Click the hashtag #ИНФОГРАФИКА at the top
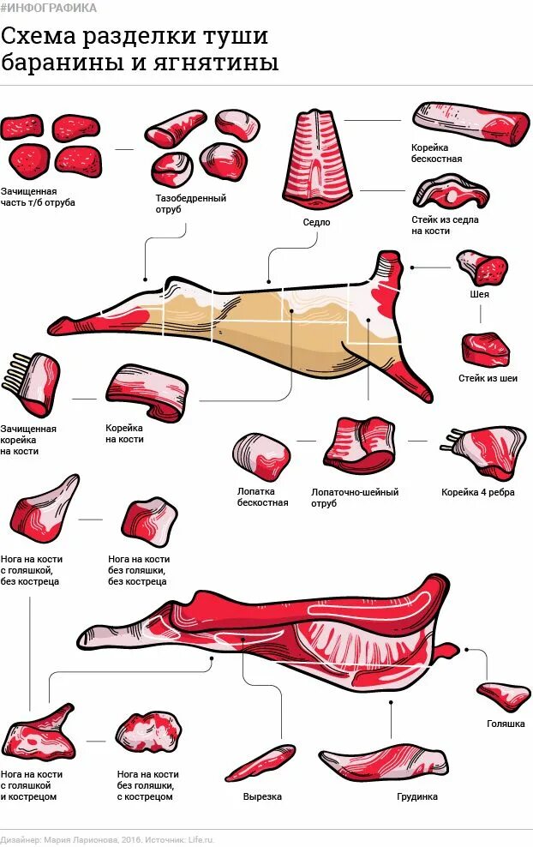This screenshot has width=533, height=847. click(49, 8)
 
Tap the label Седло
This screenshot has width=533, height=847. click(316, 222)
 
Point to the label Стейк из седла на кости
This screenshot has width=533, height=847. click(445, 225)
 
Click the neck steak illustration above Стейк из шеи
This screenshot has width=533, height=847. click(486, 349)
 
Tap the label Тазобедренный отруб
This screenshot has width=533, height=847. click(190, 203)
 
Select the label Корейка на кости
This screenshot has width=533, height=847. click(124, 433)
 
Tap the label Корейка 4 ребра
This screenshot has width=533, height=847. click(477, 493)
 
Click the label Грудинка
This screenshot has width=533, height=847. click(417, 796)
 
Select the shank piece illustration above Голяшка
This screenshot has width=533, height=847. click(504, 694)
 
